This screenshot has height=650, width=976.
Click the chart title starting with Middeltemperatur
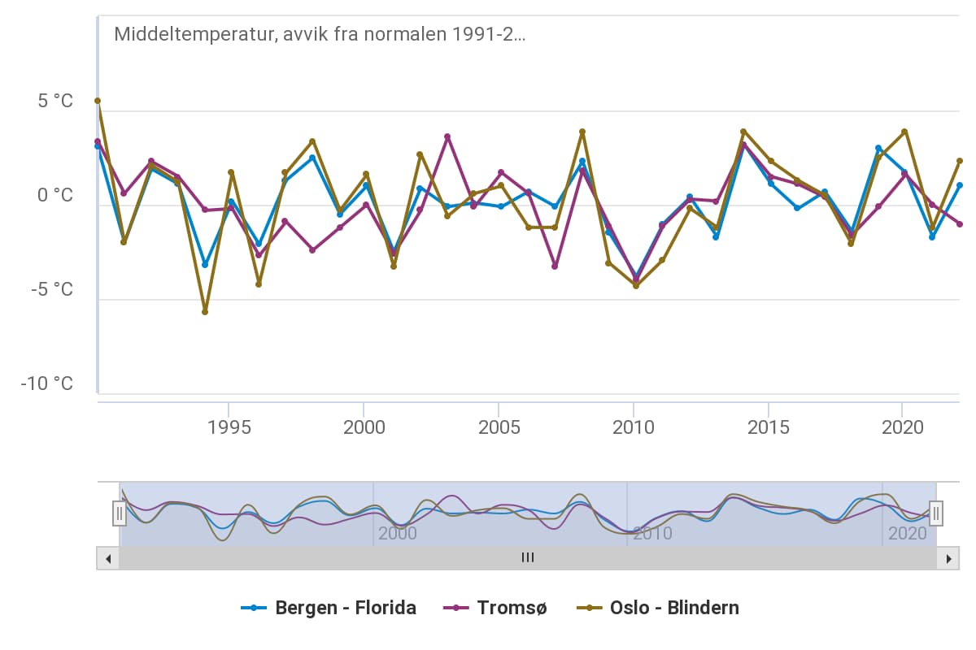[x=320, y=34]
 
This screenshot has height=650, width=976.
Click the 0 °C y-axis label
[x=54, y=196]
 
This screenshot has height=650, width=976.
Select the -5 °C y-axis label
[x=50, y=290]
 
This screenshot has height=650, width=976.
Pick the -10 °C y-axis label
[x=46, y=383]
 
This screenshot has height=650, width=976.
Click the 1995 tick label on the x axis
[x=229, y=427]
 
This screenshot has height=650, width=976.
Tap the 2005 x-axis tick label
[x=499, y=427]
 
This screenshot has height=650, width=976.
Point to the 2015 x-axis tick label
[x=768, y=427]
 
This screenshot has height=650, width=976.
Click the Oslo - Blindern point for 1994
[x=205, y=312]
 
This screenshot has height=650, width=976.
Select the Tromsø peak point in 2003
[x=447, y=136]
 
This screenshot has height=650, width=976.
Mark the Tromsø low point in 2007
[x=555, y=266]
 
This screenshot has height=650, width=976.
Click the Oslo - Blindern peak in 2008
[x=582, y=132]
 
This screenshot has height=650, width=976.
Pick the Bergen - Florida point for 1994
[x=205, y=265]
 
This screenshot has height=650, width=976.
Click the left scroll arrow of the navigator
[x=107, y=558]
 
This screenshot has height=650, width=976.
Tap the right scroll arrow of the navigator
[x=948, y=558]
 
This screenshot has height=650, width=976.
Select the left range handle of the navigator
[x=120, y=513]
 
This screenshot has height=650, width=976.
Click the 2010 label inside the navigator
[x=652, y=534]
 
